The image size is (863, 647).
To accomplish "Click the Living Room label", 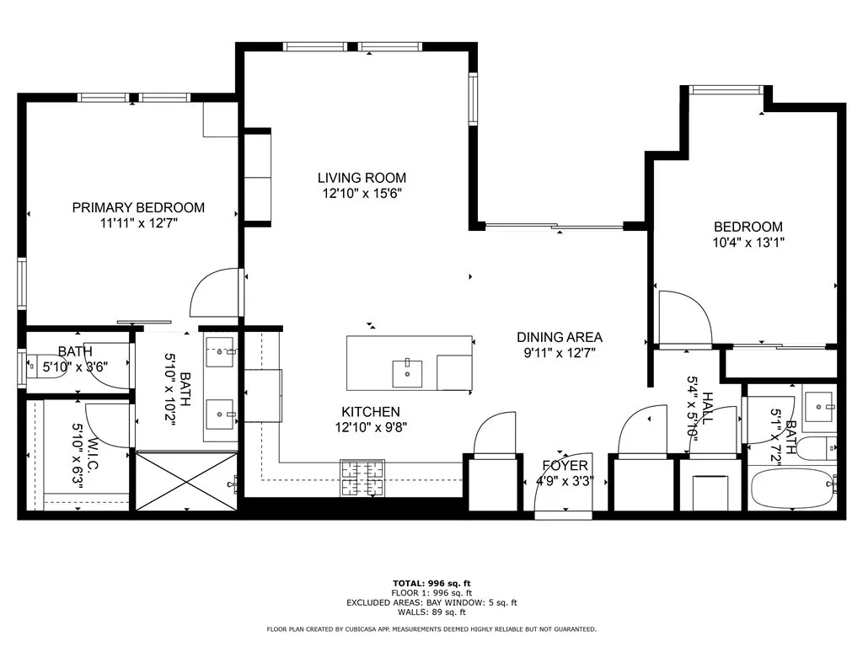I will pos(362,178).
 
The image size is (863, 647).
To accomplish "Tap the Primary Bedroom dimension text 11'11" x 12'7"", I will pos(138,223).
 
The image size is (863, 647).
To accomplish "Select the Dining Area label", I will pos(560,337).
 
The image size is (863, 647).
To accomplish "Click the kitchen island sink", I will pos(407,371).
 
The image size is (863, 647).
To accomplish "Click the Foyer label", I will pos(565,466).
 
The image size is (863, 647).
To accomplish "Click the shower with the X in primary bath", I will pos(186,481).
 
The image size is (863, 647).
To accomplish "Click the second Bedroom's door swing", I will pos(683,319).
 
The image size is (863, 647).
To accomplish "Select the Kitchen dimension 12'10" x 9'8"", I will pos(371,427).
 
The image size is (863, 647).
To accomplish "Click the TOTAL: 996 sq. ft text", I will pos(431,583).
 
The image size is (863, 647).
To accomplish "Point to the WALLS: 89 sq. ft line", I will pos(431,612).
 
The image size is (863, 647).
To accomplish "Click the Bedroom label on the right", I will pos(748,227).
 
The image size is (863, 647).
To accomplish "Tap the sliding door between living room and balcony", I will pos(554,226).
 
